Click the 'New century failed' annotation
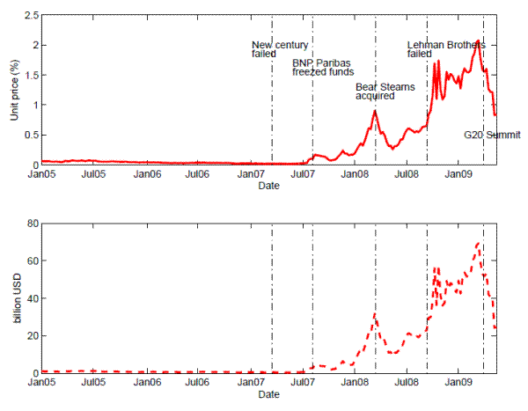pos(271,49)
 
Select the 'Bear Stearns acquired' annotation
pos(385,92)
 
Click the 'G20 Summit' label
pos(493,136)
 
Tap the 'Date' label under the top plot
pos(269,187)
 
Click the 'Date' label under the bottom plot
pos(269,395)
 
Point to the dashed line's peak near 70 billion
pos(478,244)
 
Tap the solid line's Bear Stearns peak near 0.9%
pos(375,110)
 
